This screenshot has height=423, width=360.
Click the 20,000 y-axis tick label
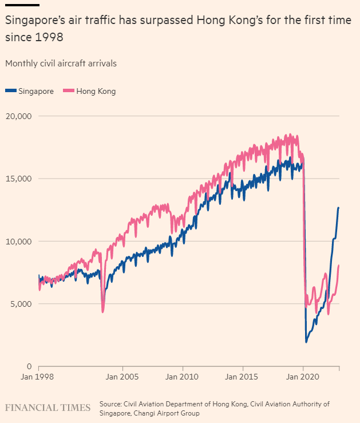tap(18, 116)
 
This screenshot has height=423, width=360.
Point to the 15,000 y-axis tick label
tap(18, 179)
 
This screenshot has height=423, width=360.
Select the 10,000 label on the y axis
tap(18, 241)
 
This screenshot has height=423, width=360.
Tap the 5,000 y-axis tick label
tap(21, 303)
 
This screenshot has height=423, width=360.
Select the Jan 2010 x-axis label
tap(183, 378)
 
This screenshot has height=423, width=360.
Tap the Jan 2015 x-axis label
tap(243, 378)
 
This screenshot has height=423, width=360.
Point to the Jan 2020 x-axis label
tap(303, 378)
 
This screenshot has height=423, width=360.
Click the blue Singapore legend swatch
tap(11, 91)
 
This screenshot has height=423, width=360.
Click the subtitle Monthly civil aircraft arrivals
tap(61, 63)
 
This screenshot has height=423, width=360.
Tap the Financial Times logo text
tap(48, 408)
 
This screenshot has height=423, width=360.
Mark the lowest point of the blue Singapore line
tap(306, 342)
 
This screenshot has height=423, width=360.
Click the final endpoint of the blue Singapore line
tap(339, 207)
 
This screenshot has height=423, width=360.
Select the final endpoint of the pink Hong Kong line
tap(339, 265)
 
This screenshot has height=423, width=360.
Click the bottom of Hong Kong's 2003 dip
tap(102, 312)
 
